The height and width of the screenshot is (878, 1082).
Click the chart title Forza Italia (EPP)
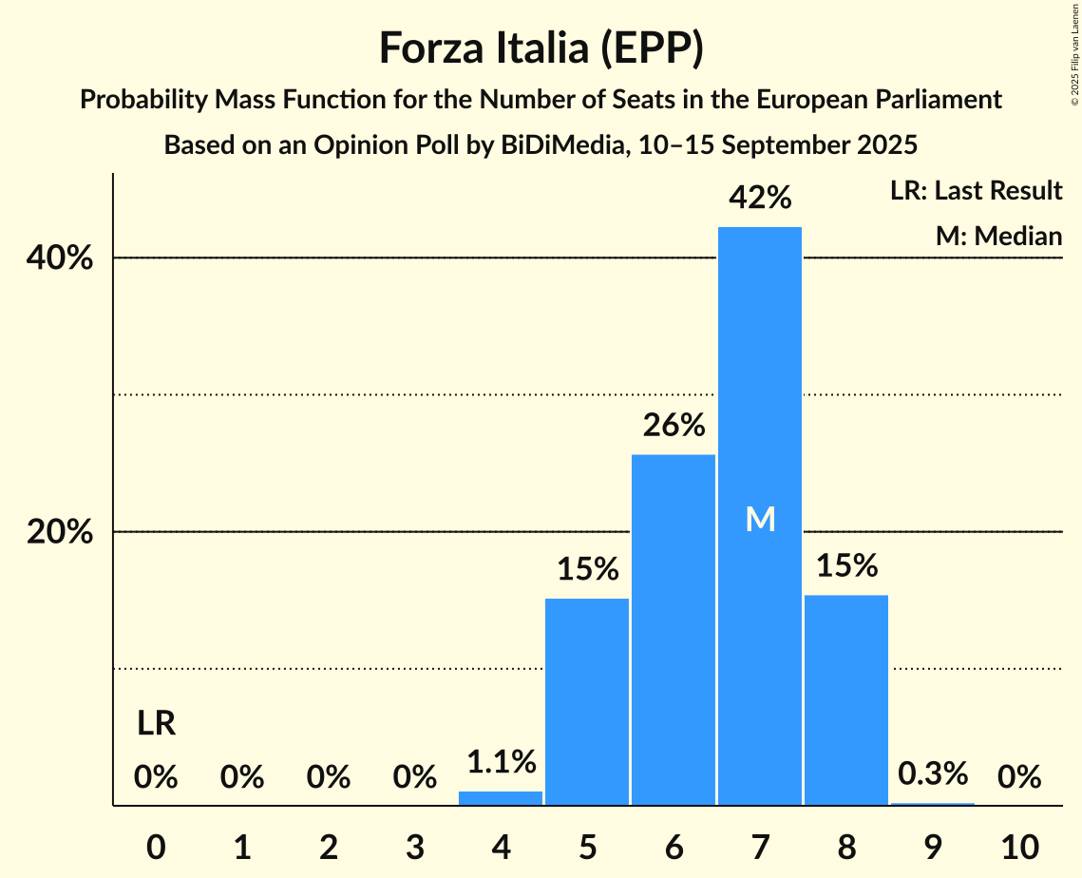[541, 48]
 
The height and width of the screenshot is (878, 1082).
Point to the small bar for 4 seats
[501, 798]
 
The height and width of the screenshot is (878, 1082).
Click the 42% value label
[759, 198]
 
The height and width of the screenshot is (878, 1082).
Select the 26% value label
[673, 425]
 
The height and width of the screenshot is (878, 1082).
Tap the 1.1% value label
[501, 761]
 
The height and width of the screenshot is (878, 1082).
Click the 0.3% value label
[932, 773]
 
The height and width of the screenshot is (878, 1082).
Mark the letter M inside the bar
[760, 519]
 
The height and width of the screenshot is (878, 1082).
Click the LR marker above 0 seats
[156, 724]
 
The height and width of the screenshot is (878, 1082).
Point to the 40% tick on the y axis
[60, 258]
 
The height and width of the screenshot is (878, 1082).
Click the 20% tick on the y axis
[60, 532]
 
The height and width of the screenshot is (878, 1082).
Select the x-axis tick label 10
[1018, 846]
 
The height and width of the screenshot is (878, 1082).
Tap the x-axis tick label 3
[414, 846]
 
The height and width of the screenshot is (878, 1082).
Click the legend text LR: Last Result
[976, 191]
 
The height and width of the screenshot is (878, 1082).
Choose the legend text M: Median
[998, 236]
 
